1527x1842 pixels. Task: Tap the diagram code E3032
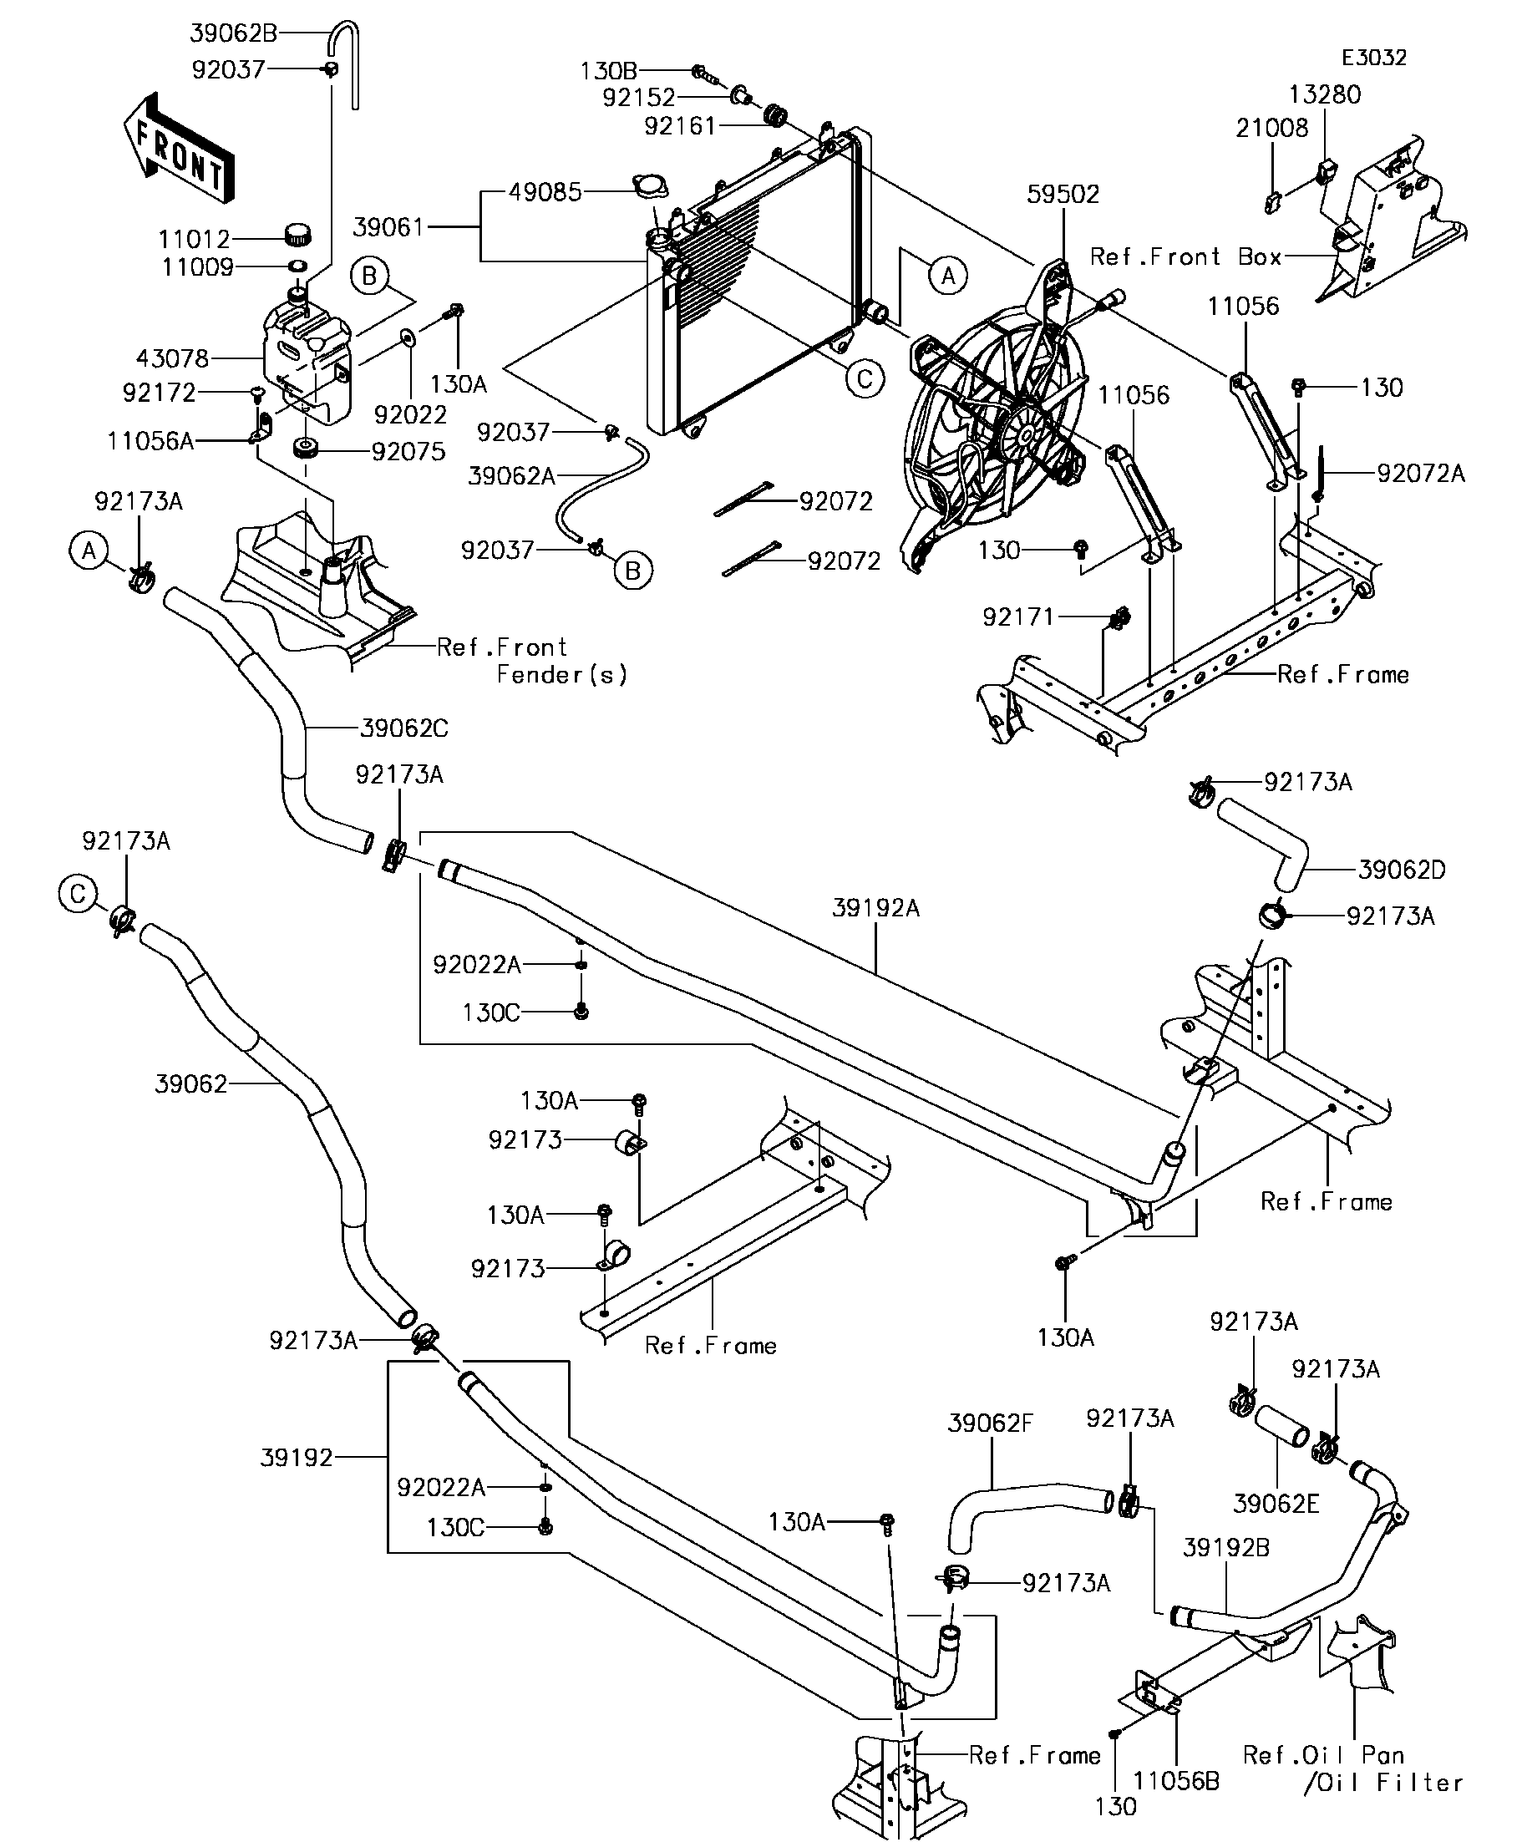1373,58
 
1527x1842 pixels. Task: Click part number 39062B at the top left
233,33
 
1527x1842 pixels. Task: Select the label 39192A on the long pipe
875,908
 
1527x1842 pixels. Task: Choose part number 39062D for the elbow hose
1402,870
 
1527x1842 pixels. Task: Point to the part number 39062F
990,1423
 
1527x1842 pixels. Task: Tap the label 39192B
1225,1547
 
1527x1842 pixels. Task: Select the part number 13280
1324,94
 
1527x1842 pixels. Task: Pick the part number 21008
1271,129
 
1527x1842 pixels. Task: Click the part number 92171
1017,617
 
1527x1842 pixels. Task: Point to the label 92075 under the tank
408,452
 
